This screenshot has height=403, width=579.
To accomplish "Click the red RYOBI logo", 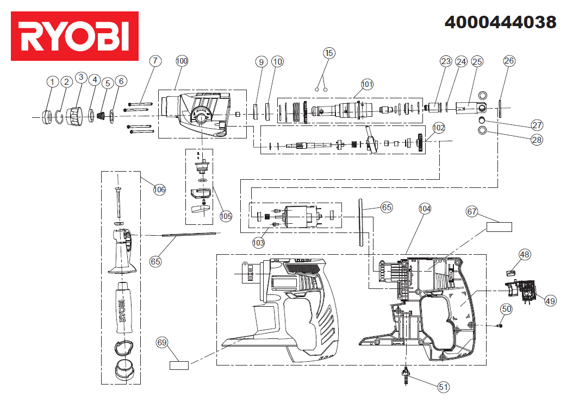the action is coord(74,36).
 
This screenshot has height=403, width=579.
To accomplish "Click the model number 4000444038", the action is coord(500,22).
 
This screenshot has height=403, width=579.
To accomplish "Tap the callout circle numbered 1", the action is coord(52,81).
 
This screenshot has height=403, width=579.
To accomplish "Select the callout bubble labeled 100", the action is coord(182,61).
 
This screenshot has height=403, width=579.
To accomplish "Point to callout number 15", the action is coord(329,53).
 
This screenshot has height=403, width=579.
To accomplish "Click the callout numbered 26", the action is coord(509,61).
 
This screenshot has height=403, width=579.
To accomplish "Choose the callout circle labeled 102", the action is coord(439,128).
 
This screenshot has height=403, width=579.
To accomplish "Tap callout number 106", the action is coord(159,190).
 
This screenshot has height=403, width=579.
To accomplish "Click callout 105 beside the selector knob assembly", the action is coord(226,216).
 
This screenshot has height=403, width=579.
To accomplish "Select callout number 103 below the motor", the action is coord(258,242).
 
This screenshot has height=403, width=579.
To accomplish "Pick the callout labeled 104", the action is coord(425,209).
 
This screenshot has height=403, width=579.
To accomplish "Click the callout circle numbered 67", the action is coord(472,211).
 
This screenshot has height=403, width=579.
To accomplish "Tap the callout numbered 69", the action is coord(162,343).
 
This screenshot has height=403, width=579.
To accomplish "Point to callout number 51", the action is coord(444,387).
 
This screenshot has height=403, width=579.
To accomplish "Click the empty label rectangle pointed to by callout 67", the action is coord(499,227).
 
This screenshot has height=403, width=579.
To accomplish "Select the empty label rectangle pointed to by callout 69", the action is coord(179,366).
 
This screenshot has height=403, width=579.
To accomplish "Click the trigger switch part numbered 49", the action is coord(521,289).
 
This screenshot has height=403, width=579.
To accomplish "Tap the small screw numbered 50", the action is coord(500,325).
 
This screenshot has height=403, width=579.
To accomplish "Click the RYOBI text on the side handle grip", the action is coord(122,310).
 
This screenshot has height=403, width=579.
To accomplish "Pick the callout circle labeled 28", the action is coord(537,140).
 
